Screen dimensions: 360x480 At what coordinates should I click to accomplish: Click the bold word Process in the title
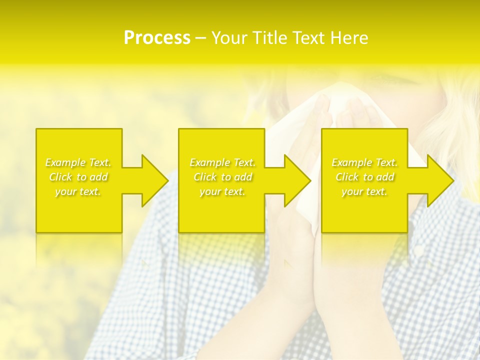click(x=157, y=38)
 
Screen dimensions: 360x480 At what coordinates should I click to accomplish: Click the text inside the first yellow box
click(x=78, y=177)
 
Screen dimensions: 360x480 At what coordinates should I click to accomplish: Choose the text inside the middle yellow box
click(x=222, y=177)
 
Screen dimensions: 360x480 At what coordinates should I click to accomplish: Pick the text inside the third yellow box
click(x=364, y=177)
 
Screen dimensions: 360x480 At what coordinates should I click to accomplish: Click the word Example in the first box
click(x=65, y=162)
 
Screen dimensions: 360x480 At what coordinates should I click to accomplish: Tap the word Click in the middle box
click(x=205, y=177)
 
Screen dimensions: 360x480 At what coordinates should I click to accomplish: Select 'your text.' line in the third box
click(x=364, y=191)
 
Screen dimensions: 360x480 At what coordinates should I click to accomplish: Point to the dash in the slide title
click(x=201, y=38)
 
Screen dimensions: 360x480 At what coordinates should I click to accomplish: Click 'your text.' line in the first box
click(x=78, y=191)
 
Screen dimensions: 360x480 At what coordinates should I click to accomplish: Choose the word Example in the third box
click(x=352, y=162)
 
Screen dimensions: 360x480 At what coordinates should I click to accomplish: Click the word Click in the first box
click(x=60, y=177)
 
